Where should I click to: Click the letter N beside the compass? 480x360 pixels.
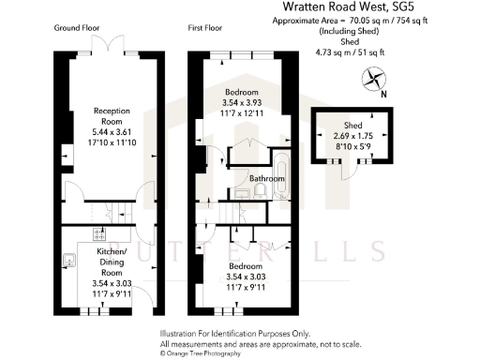384,94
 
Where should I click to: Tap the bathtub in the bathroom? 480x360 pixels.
285,174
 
